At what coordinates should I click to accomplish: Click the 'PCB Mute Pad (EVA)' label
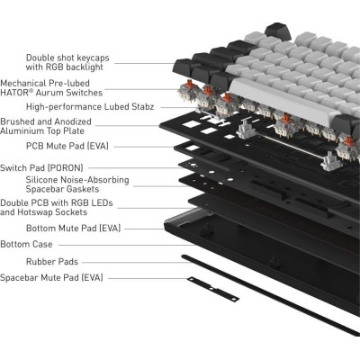point(43,145)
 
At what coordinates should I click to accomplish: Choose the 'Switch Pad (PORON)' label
point(41,167)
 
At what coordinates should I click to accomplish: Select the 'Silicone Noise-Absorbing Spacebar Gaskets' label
point(77,185)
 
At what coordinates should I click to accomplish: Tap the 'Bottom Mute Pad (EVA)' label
point(50,229)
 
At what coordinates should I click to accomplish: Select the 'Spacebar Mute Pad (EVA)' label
point(51,279)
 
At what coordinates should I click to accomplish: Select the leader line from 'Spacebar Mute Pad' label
point(144,279)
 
